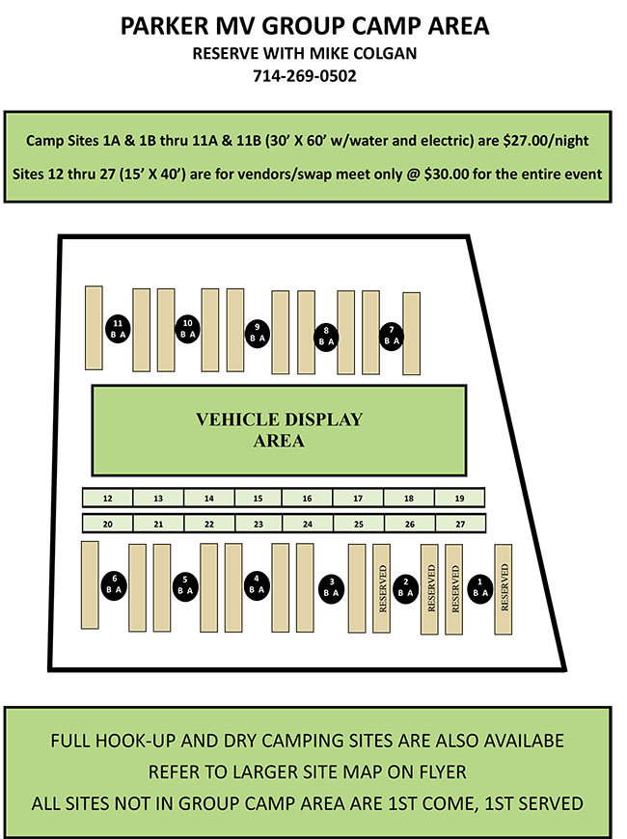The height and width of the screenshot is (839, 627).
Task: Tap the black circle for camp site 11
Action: point(118,329)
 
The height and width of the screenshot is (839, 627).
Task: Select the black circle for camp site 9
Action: point(257,333)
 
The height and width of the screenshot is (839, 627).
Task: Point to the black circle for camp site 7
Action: point(391,336)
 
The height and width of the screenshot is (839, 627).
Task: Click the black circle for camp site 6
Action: point(115,584)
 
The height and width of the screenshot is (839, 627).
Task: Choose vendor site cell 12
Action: point(108,499)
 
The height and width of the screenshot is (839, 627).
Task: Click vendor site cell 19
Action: point(459,499)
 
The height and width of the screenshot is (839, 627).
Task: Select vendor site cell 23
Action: point(258,524)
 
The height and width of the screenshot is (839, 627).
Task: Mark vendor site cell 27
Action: point(459,524)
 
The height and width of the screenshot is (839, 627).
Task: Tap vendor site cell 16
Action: point(307,499)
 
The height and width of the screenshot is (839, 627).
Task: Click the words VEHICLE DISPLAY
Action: point(279,419)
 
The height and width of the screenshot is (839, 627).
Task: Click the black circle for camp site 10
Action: point(187,329)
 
